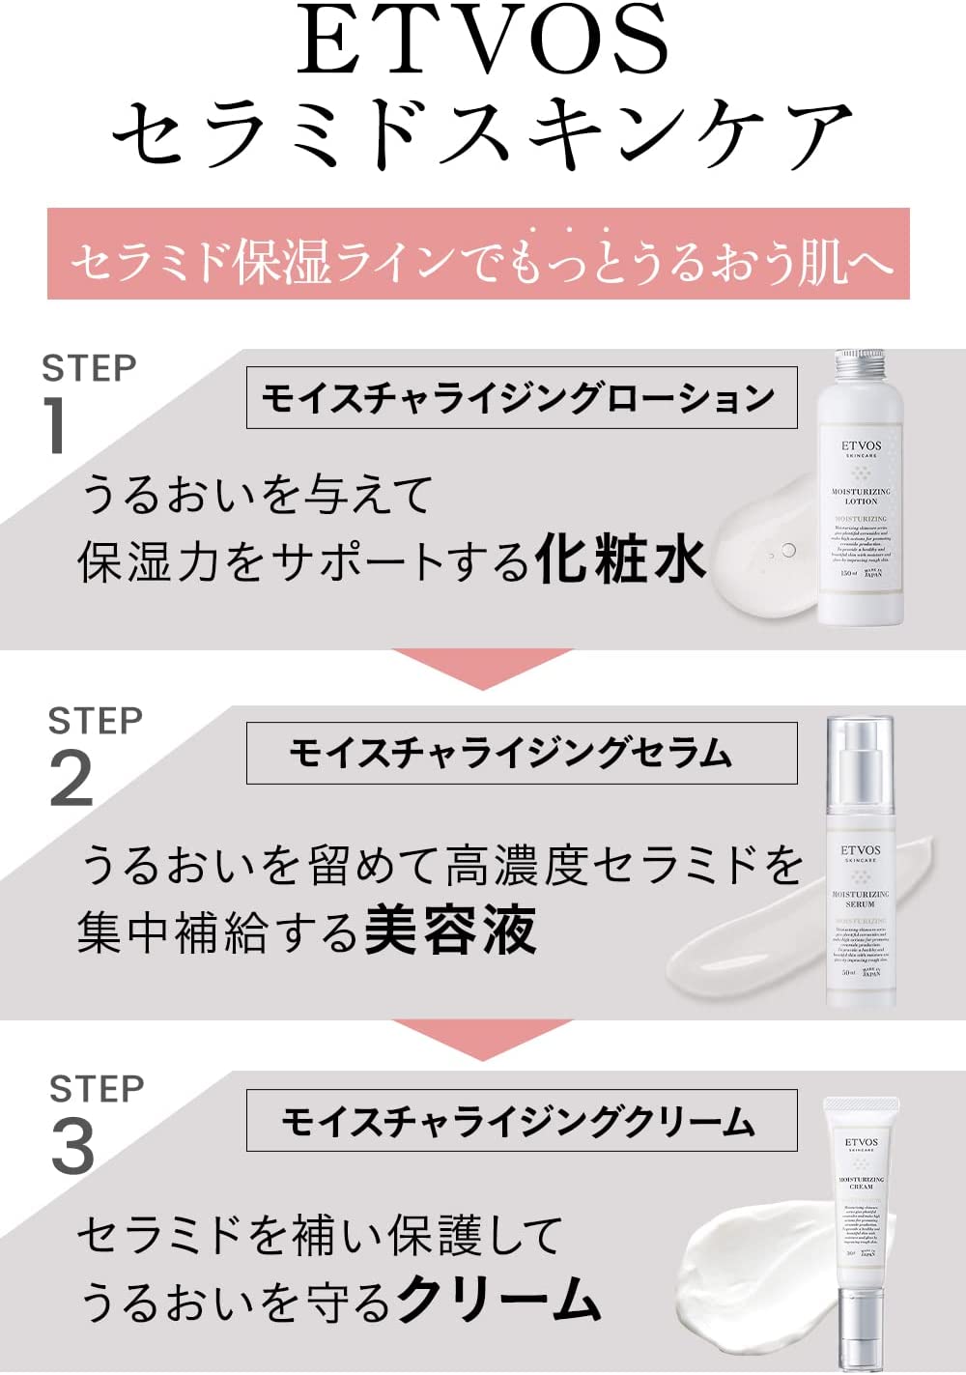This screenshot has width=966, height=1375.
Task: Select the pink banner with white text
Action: click(478, 254)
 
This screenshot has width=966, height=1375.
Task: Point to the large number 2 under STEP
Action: click(71, 780)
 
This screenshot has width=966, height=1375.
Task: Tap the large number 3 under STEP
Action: click(72, 1147)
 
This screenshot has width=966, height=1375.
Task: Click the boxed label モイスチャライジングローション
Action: click(522, 397)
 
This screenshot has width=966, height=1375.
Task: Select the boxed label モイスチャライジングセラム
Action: click(522, 753)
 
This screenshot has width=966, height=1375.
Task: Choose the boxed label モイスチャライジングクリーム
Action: click(522, 1121)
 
